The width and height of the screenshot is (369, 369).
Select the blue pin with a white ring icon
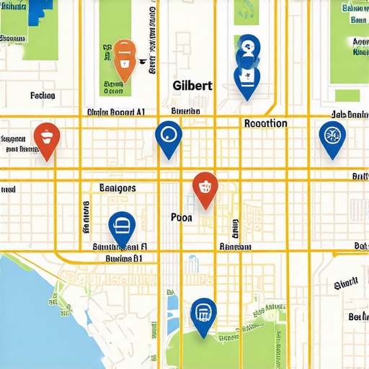169,135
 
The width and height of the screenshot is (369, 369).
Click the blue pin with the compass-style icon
332,135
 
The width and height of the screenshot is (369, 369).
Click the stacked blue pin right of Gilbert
247,72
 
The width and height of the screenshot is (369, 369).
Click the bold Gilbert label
193,85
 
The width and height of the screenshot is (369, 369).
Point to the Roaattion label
266,123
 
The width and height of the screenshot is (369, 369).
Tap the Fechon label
43,95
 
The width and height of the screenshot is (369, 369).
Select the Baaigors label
117,188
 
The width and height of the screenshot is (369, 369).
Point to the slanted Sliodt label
347,283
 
